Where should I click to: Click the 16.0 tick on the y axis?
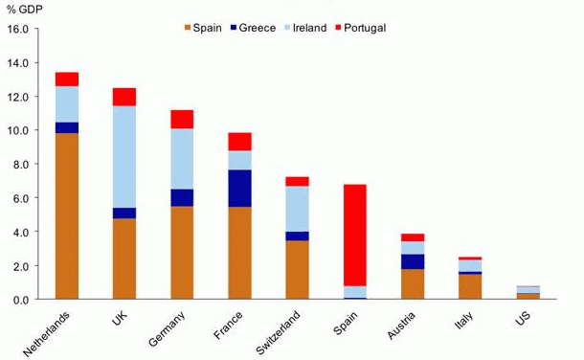[x=18, y=29]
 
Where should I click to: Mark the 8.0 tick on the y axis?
[x=20, y=164]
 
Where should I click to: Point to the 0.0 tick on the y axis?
[x=20, y=300]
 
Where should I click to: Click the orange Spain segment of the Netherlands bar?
[x=67, y=215]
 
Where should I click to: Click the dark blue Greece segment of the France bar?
[x=239, y=189]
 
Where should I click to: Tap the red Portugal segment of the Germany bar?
[x=182, y=119]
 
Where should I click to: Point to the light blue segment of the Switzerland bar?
[x=297, y=209]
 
